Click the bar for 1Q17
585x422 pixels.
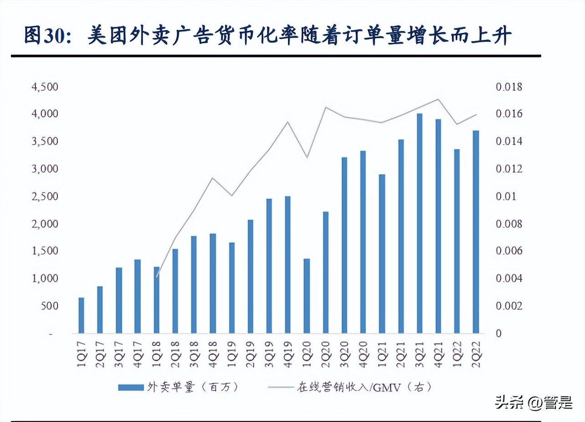82,315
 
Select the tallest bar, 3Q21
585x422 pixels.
420,223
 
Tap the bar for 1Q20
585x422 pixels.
307,296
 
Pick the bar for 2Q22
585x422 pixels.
476,232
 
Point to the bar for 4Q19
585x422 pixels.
287,265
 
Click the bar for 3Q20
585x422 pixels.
344,245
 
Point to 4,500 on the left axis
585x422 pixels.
45,87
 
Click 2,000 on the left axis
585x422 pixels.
45,224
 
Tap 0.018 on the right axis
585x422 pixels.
510,87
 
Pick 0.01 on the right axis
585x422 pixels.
507,196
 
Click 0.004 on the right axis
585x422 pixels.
510,278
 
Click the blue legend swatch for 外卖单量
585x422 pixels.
131,387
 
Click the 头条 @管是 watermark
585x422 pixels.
534,402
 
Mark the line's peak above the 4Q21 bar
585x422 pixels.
438,99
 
